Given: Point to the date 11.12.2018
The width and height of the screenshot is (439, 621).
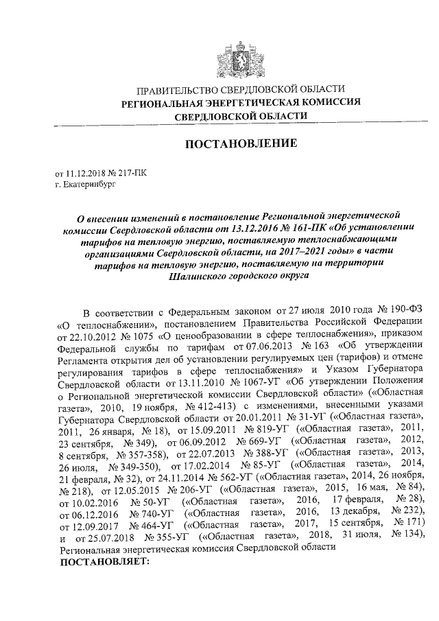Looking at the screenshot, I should tap(84, 174).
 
